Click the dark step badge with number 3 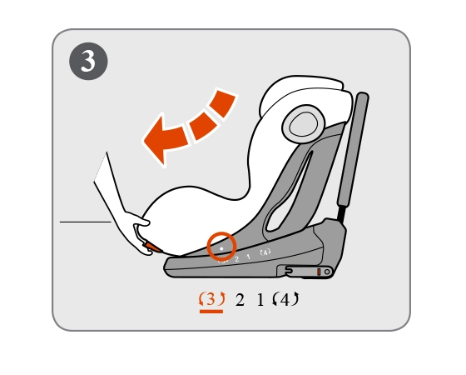[88, 61]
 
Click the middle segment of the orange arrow [203, 125]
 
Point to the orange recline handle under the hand [152, 247]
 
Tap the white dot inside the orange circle [221, 248]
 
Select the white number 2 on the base [236, 259]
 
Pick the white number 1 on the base [249, 257]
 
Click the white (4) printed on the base [265, 252]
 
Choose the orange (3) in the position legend [211, 299]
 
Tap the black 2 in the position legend [240, 300]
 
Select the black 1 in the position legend [260, 300]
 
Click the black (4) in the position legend [285, 299]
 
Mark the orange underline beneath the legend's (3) [211, 312]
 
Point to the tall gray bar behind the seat [353, 149]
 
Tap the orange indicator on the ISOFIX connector [319, 272]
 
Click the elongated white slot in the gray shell [288, 193]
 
